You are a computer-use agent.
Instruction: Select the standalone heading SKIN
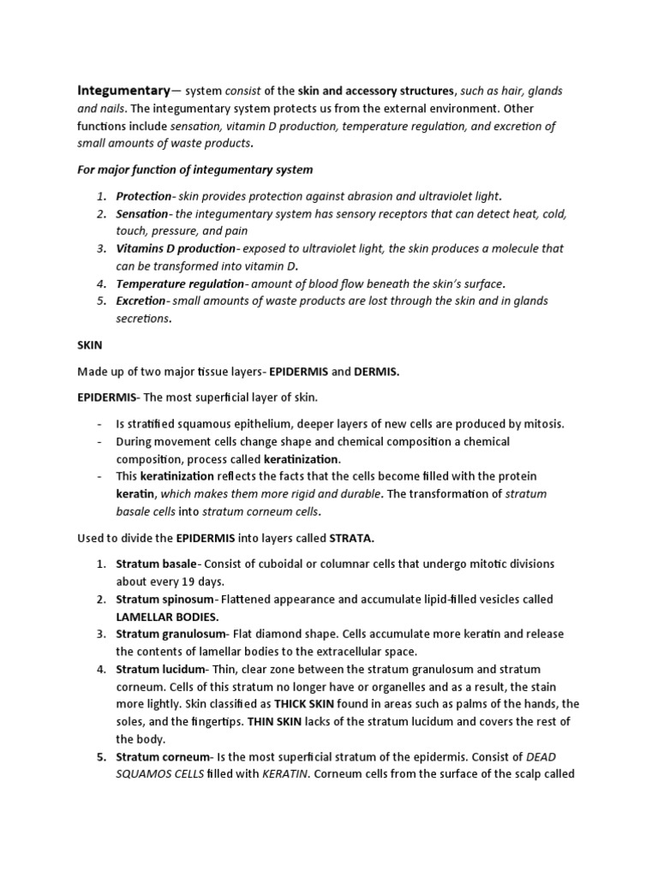90,345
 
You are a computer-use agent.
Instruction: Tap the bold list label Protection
144,196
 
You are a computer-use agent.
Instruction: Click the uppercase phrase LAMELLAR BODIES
168,616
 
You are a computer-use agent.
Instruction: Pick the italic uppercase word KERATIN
272,774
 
